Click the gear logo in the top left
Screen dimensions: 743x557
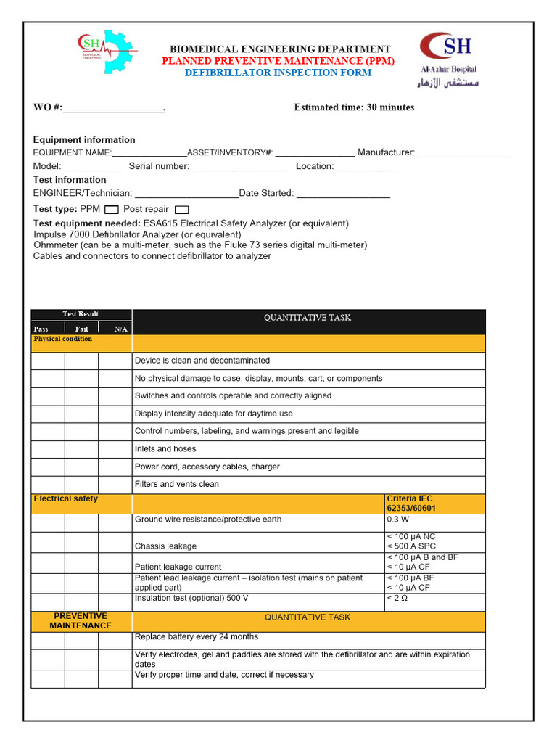(x=105, y=52)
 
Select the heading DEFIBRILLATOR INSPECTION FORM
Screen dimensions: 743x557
(x=278, y=73)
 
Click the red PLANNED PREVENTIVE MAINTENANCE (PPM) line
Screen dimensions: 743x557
(x=278, y=61)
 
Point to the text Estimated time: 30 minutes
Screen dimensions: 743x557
(x=354, y=107)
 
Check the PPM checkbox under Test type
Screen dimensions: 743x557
(x=112, y=210)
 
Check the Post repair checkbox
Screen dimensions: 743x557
(x=181, y=210)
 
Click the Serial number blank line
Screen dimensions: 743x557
(x=239, y=167)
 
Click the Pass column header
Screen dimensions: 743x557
(x=41, y=329)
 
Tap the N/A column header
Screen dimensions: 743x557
(x=120, y=329)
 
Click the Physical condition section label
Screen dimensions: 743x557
(x=63, y=340)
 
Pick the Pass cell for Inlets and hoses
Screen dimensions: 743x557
(x=48, y=449)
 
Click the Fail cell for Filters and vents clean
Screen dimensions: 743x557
(x=81, y=484)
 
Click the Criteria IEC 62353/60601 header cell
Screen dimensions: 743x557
(x=434, y=504)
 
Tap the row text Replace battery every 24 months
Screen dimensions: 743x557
(x=197, y=637)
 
